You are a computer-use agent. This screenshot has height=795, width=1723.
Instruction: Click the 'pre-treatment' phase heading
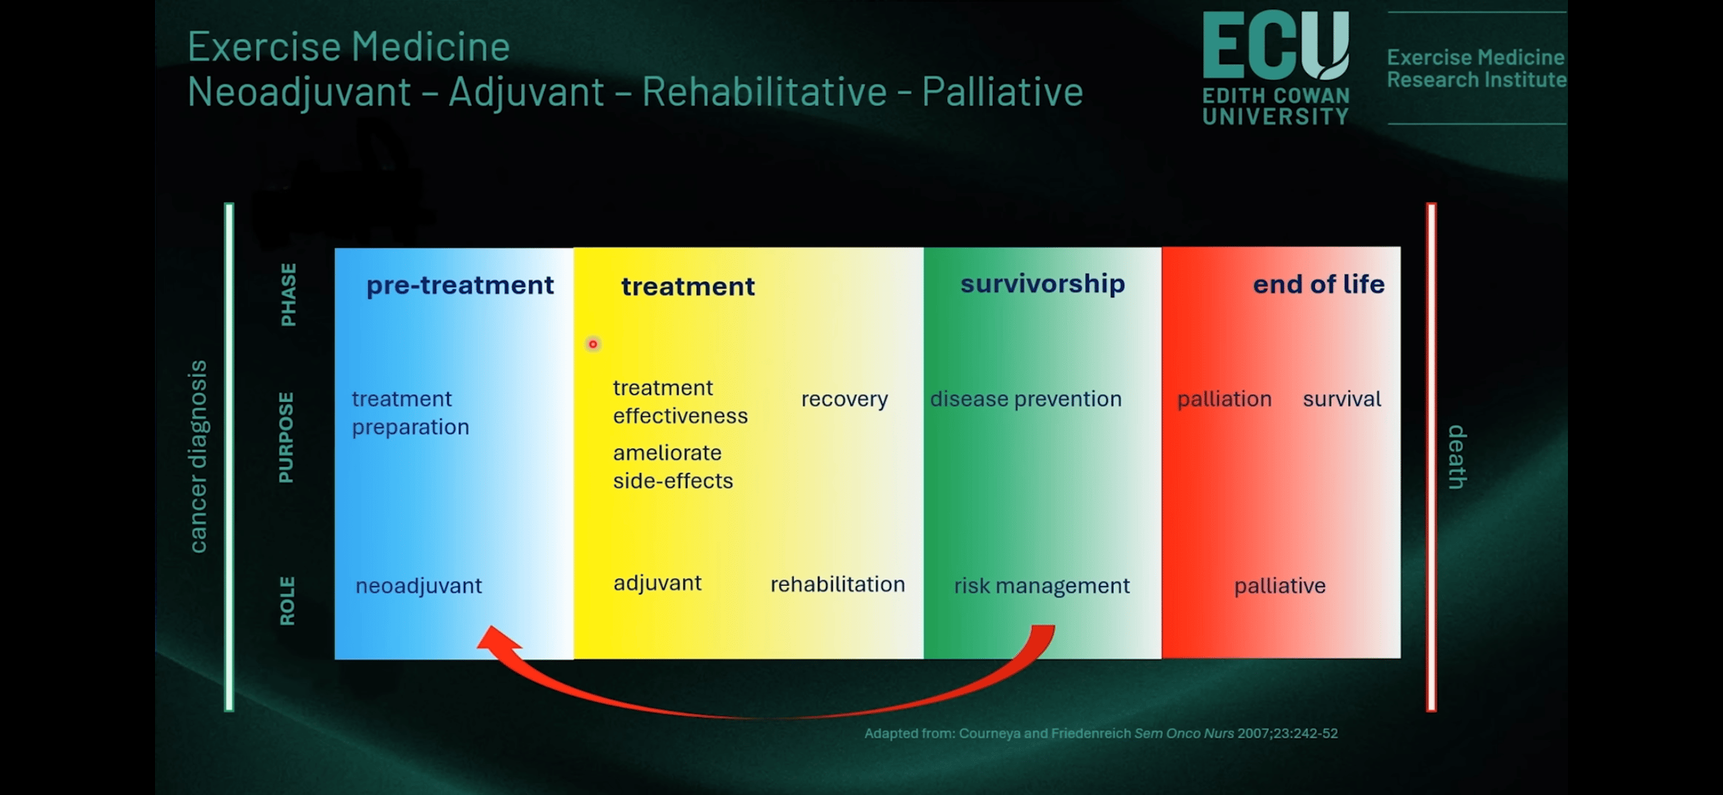click(x=460, y=285)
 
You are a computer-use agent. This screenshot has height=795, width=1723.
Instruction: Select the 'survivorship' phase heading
click(x=1042, y=284)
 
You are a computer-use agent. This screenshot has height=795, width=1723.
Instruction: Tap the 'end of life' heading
click(x=1319, y=284)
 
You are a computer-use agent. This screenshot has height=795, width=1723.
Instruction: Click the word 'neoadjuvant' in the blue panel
click(x=419, y=586)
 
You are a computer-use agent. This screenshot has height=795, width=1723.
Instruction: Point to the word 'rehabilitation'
click(x=837, y=584)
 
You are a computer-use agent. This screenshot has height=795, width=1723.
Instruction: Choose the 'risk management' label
click(x=1041, y=586)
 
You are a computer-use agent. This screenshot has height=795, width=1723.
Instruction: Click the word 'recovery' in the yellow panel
click(x=845, y=399)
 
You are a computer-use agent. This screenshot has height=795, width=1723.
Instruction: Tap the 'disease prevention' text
click(x=1025, y=399)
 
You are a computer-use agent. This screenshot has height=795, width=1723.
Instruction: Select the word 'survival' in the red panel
click(x=1341, y=399)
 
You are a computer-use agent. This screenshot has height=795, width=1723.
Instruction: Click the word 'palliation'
click(x=1224, y=399)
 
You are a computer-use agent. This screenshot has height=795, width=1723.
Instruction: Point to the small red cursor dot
click(x=593, y=344)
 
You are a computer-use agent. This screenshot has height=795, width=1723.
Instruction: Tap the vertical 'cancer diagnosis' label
click(x=198, y=457)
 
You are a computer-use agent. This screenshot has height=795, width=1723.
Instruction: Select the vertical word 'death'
click(x=1457, y=457)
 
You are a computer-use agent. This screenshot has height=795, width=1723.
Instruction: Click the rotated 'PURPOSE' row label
click(x=286, y=437)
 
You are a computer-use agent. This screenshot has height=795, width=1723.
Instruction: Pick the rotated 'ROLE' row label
click(x=287, y=601)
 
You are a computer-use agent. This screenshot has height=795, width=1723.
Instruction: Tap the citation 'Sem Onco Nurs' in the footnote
click(x=1184, y=733)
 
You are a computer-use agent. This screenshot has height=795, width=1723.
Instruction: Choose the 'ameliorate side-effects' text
click(x=673, y=467)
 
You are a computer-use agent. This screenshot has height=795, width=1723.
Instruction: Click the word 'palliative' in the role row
click(x=1279, y=586)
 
